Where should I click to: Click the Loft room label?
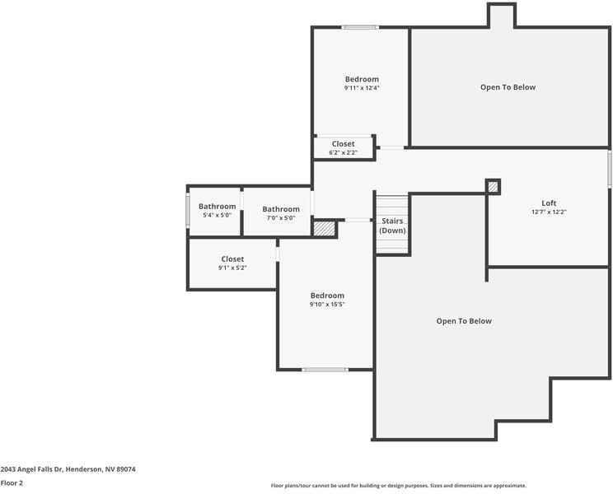[x=548, y=203]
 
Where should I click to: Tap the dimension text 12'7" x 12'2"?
[x=548, y=212]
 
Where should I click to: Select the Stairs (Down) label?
[x=392, y=226]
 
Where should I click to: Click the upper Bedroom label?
[x=362, y=79]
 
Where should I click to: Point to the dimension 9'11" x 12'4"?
[x=362, y=88]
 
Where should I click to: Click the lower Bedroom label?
[x=327, y=296]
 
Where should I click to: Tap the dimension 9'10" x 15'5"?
[x=327, y=305]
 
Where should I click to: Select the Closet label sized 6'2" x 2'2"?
[x=344, y=144]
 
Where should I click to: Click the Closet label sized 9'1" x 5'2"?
[x=232, y=259]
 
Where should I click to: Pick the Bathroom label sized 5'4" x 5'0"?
[x=217, y=207]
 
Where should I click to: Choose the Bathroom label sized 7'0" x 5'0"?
[x=281, y=209]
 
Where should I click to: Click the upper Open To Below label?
[x=508, y=87]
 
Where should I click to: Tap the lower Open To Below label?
[x=464, y=321]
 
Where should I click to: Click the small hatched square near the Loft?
[x=493, y=187]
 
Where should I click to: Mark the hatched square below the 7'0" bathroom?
[x=325, y=229]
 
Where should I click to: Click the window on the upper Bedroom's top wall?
[x=360, y=28]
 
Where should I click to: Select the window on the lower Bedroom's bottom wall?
[x=325, y=370]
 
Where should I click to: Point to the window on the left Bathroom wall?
[x=188, y=211]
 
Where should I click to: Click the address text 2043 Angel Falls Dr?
[x=68, y=469]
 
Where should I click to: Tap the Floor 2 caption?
[x=12, y=483]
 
